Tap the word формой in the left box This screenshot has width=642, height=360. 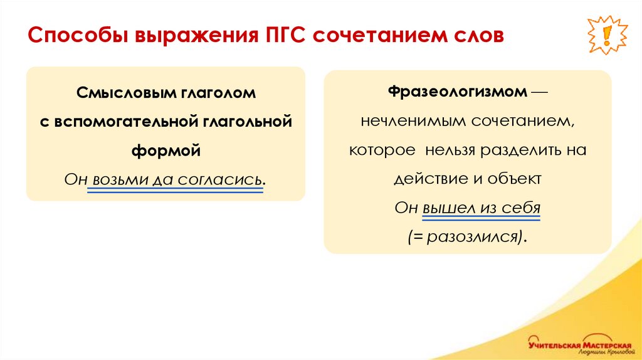click(x=166, y=150)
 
